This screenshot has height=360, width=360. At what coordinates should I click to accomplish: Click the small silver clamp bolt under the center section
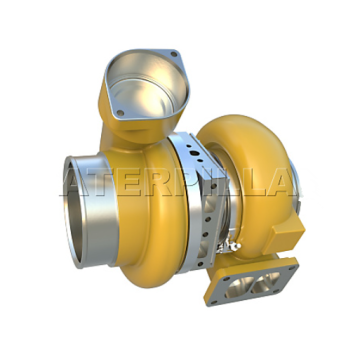227,242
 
